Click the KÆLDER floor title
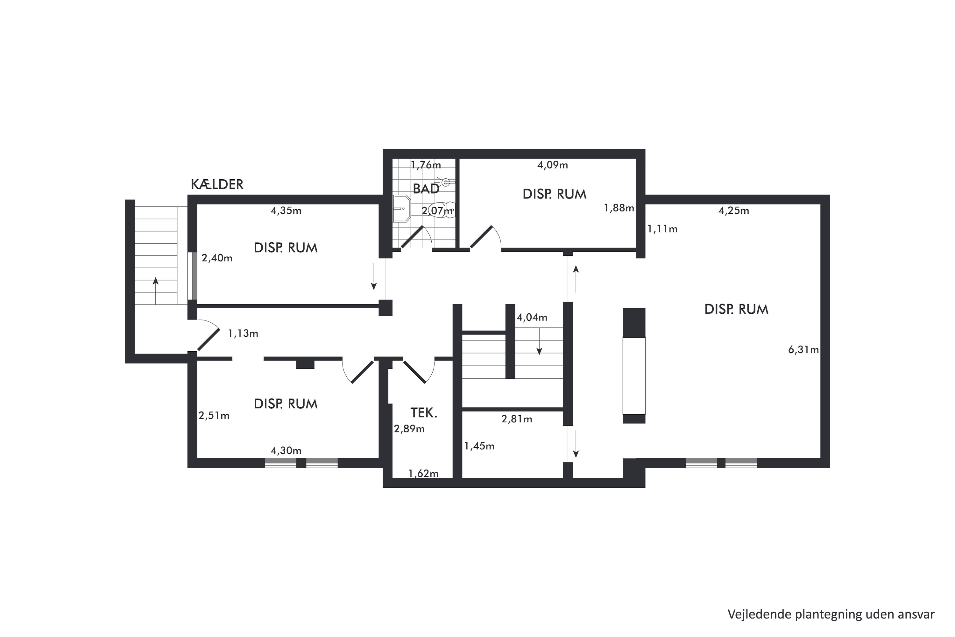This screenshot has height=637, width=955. (x=217, y=184)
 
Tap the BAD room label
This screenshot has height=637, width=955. (x=426, y=189)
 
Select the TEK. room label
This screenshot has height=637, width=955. (x=423, y=413)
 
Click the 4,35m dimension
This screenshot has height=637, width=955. (x=286, y=211)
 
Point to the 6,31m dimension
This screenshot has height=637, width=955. (x=803, y=349)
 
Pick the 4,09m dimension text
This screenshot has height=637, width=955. (x=553, y=165)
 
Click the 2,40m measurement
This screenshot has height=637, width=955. (x=217, y=258)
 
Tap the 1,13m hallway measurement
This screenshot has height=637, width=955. (x=243, y=333)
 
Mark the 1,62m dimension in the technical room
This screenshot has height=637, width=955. (x=423, y=473)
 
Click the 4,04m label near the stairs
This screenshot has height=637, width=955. (x=532, y=317)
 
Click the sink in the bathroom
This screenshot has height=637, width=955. (x=402, y=208)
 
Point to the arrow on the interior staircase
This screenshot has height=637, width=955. (x=539, y=341)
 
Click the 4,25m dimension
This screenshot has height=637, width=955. (x=734, y=211)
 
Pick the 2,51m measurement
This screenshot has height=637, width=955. (x=214, y=416)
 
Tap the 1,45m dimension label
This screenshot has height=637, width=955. (x=479, y=446)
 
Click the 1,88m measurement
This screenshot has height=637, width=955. (x=619, y=208)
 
